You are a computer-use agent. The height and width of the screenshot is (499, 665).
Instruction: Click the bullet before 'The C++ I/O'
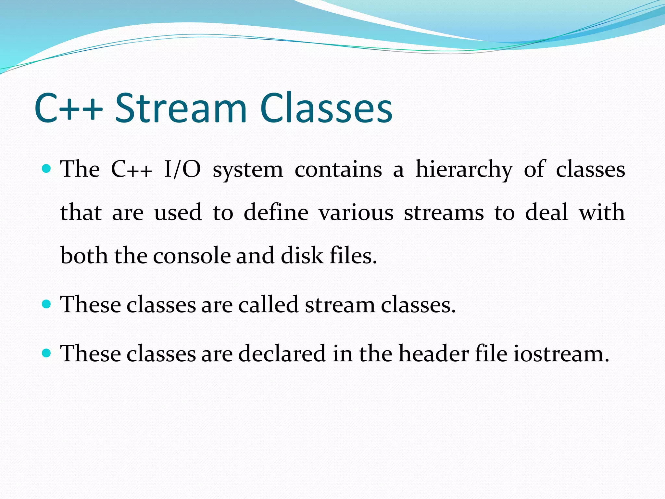click(x=47, y=168)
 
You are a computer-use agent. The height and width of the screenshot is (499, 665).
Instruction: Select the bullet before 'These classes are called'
click(x=47, y=304)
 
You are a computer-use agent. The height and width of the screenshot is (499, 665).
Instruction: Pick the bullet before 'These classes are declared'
click(x=47, y=353)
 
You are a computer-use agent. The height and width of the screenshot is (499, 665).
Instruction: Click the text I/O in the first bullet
click(x=182, y=169)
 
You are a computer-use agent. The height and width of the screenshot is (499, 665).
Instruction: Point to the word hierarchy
click(x=464, y=170)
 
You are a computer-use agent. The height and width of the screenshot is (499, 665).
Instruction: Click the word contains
click(x=338, y=169)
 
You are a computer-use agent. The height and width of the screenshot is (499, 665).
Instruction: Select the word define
click(x=276, y=212)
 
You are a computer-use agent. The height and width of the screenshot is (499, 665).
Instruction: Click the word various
click(x=356, y=213)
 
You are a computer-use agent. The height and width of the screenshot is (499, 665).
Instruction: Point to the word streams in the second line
click(x=444, y=213)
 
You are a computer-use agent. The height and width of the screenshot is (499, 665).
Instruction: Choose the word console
click(x=192, y=256)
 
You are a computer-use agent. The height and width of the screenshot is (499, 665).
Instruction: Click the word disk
click(x=302, y=255)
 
